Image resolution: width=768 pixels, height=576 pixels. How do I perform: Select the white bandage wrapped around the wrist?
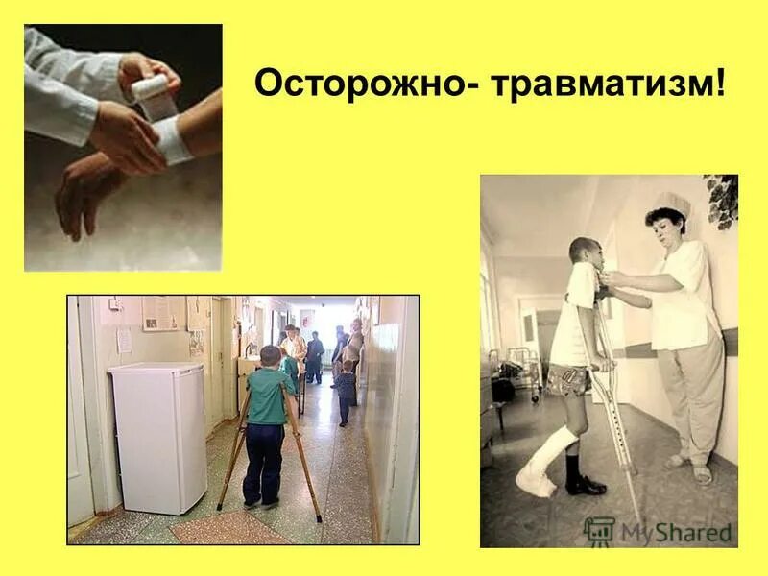tap(172, 140)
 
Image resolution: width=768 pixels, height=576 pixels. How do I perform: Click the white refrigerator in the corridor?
tap(157, 436)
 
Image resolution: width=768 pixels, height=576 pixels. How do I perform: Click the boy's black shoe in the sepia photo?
tap(583, 485)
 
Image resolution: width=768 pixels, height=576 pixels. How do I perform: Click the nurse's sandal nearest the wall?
tap(704, 474)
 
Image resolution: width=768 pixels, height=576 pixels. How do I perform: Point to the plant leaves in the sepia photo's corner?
tap(722, 198)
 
